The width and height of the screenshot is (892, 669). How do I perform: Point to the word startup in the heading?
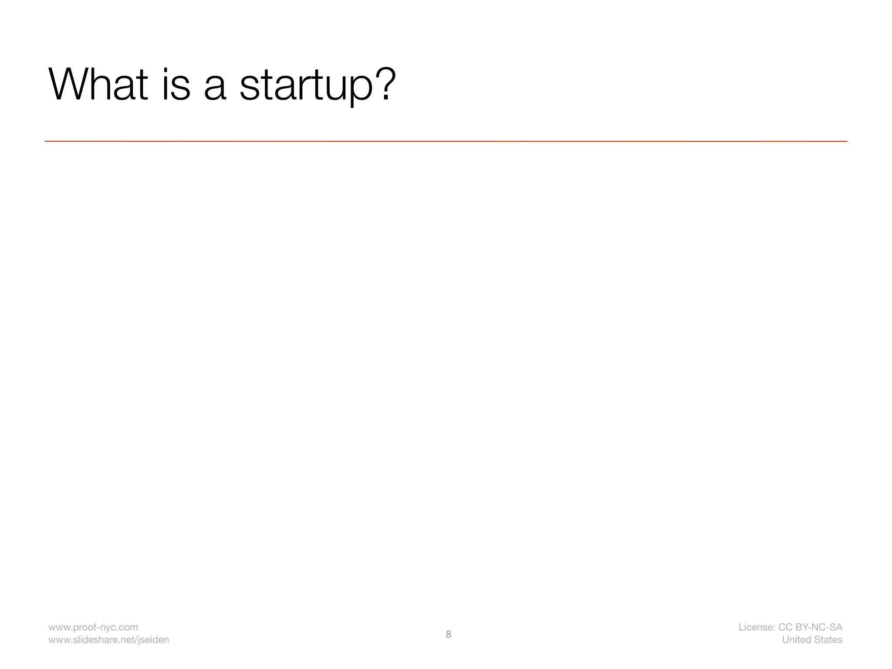tap(306, 85)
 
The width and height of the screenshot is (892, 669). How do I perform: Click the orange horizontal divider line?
tap(446, 141)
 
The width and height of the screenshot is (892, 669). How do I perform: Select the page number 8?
tap(448, 634)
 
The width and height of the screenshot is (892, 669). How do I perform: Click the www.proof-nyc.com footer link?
tap(93, 627)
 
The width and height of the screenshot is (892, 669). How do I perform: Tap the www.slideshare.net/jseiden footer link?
tap(108, 640)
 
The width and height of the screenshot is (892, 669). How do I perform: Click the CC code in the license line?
tap(785, 627)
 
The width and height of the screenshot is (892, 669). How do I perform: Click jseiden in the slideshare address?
tap(154, 640)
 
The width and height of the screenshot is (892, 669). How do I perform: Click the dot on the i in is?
tap(166, 70)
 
